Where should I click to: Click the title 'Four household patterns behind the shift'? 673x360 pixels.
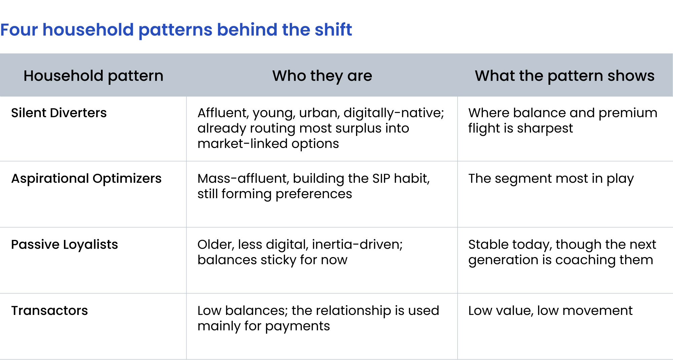[x=176, y=30]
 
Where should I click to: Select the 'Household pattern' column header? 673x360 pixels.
[x=94, y=76]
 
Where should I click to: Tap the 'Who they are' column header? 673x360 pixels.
[x=322, y=76]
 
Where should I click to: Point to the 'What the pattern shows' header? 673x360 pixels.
[x=565, y=76]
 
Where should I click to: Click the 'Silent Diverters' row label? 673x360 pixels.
[x=59, y=113]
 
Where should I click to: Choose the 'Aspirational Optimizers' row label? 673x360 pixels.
[x=86, y=179]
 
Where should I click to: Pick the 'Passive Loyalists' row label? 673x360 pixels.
[x=65, y=245]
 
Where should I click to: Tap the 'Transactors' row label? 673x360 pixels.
[x=49, y=311]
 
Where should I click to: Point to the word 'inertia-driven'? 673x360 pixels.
[x=357, y=245]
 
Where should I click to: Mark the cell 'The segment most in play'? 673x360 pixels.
[x=551, y=179]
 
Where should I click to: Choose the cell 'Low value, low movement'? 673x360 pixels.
[x=551, y=311]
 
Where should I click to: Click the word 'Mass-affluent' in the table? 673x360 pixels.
[x=243, y=179]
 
